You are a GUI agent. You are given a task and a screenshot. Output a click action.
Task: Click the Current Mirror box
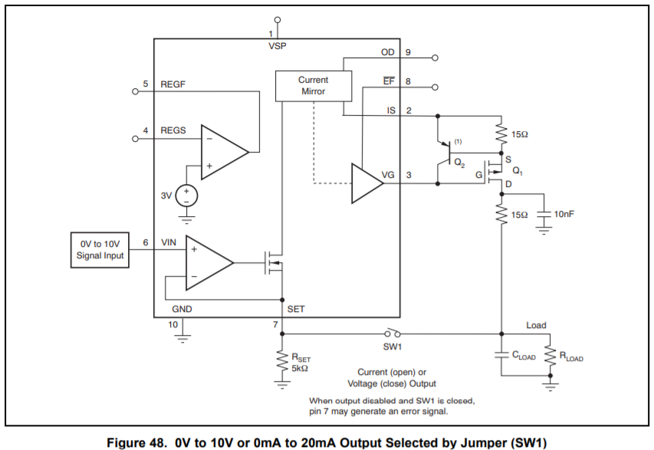pos(314,86)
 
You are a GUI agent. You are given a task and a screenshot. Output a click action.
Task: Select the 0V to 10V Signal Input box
pos(100,250)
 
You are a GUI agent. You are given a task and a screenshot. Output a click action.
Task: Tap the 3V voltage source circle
pos(186,196)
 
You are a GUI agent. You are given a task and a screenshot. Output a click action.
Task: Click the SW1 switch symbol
pos(392,333)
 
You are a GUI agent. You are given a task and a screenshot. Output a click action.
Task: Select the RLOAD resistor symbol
pos(550,356)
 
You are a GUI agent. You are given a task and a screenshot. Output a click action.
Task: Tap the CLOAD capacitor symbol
pos(501,355)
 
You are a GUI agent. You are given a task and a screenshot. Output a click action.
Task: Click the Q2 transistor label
pos(459,163)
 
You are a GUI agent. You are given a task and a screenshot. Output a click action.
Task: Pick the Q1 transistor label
pos(518,171)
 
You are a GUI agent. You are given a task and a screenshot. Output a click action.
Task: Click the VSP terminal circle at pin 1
pos(278,20)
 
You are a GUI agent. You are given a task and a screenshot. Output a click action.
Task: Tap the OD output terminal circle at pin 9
pos(435,57)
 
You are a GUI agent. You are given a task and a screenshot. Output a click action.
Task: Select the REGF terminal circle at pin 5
pos(135,91)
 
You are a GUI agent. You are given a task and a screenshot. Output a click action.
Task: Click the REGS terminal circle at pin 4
pos(135,139)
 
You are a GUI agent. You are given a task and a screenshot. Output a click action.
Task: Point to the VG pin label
pos(388,175)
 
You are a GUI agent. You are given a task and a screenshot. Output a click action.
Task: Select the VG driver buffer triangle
pos(366,183)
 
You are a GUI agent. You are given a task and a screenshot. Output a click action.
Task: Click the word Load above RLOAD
pos(536,325)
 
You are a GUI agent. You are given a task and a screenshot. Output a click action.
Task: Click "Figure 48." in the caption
pos(136,442)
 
